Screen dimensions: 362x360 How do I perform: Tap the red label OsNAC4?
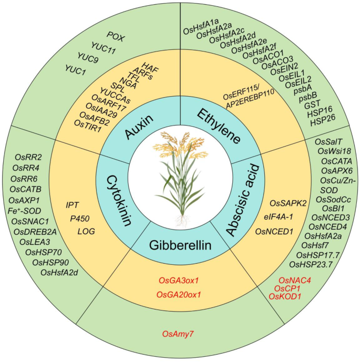point(295,281)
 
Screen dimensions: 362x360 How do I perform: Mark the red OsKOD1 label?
point(285,297)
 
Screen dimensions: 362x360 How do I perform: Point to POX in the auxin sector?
point(116,35)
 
